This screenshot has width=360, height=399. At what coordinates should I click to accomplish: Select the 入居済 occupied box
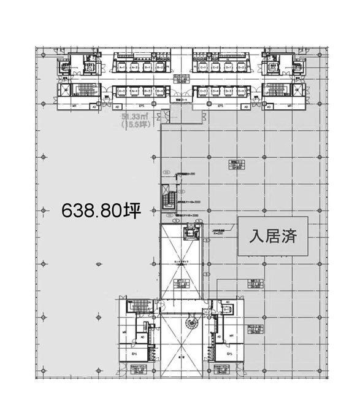[274, 237]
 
